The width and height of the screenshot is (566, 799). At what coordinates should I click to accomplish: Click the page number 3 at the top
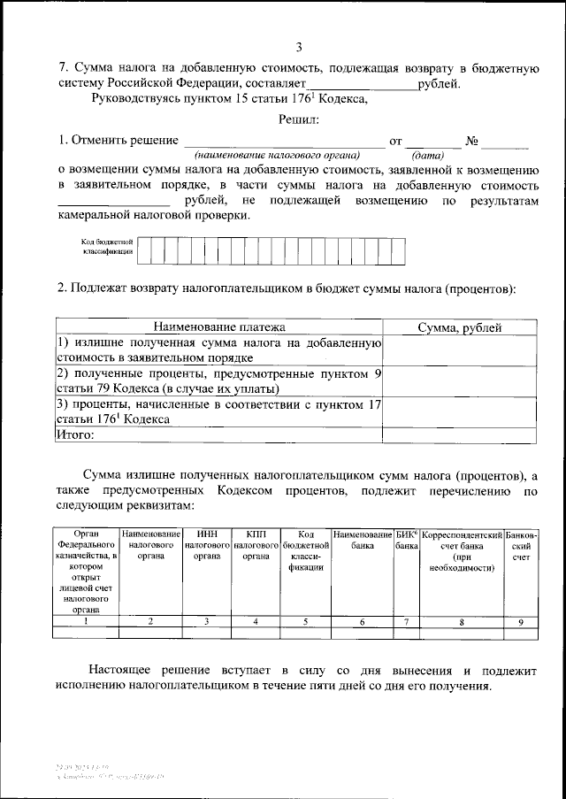[300, 47]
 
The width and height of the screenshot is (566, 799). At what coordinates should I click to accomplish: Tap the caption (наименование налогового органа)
[282, 153]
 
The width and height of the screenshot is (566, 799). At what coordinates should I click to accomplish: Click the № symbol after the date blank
[472, 141]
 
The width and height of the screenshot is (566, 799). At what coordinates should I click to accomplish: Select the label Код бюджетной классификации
[106, 246]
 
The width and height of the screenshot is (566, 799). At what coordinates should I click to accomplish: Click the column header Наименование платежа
[218, 328]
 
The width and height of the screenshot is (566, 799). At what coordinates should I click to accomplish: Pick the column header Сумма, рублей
[459, 328]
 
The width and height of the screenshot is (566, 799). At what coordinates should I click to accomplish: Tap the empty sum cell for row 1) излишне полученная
[459, 350]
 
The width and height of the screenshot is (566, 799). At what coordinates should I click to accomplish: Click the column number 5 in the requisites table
[305, 621]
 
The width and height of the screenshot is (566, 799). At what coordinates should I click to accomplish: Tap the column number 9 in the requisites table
[521, 621]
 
